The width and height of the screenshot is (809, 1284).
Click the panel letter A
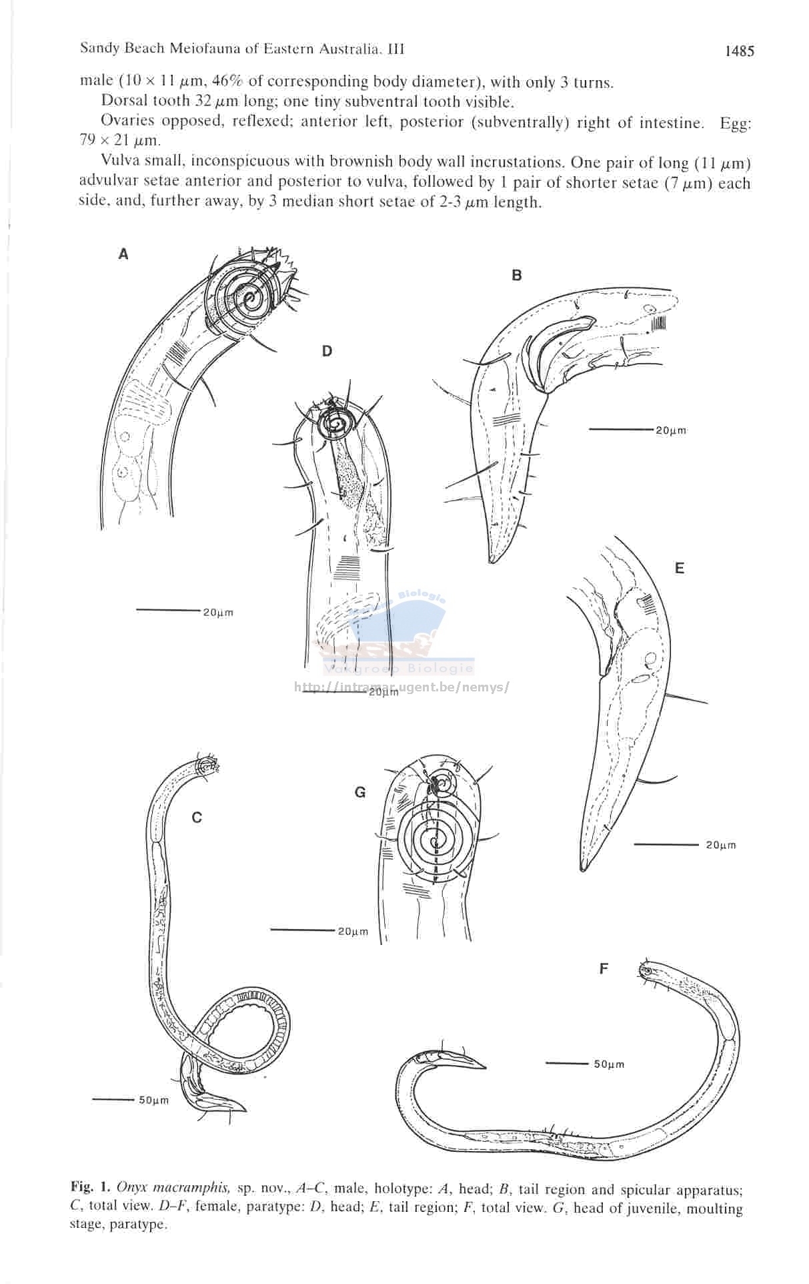123,254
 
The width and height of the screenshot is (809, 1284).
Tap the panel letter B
516,275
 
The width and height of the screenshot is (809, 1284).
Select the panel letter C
197,818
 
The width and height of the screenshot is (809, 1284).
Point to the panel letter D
327,351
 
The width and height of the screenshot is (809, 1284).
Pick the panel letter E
679,568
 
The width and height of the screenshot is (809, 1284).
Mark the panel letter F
604,968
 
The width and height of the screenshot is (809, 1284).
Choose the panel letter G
360,792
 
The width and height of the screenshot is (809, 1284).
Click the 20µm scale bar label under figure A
218,613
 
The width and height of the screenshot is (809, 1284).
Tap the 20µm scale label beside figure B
671,430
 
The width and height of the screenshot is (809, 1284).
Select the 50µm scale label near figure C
154,1100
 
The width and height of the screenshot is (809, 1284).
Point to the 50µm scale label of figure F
609,1064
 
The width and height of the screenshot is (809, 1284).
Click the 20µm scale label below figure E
721,846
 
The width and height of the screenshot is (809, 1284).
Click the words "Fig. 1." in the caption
91,1188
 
